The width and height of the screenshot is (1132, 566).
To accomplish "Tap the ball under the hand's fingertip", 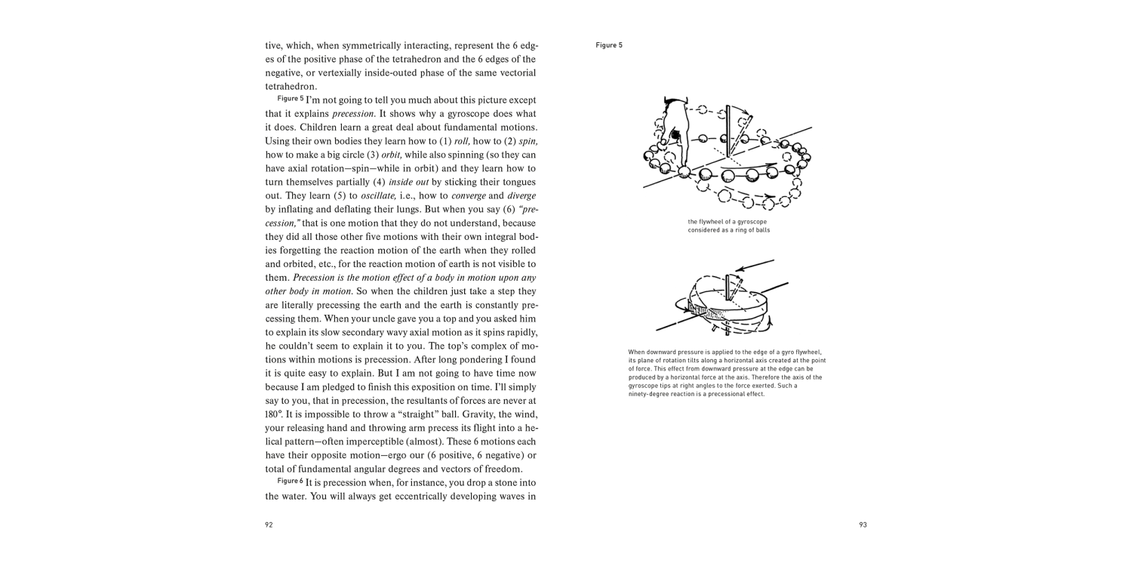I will [684, 172].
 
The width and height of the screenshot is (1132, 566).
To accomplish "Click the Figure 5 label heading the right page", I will [608, 45].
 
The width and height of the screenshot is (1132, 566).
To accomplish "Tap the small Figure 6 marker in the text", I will [290, 481].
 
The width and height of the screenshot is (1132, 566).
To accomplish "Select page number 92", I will [269, 524].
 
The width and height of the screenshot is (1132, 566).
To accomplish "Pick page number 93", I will [863, 524].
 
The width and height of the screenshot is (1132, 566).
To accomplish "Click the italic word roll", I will [462, 141].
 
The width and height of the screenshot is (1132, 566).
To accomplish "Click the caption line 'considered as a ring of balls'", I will [728, 230].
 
